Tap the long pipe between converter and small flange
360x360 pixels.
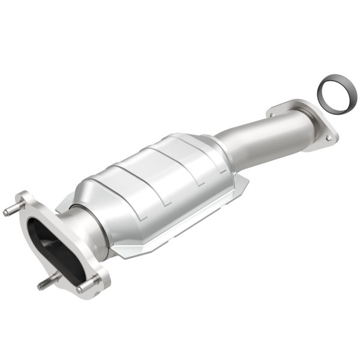point(264,135)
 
